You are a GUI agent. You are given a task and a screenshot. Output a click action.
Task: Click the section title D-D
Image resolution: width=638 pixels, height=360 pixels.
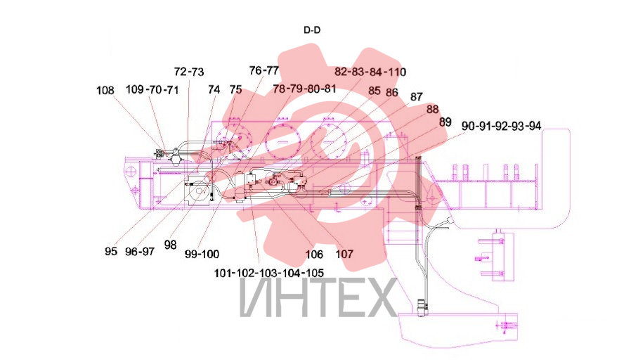coord(312,30)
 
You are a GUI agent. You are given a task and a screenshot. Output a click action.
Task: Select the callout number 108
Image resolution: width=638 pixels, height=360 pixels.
coord(105,91)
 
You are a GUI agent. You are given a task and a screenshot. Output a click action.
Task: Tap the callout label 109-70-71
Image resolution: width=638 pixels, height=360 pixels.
coord(152,89)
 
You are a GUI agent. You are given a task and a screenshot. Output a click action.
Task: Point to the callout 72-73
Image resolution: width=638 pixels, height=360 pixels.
coord(189,72)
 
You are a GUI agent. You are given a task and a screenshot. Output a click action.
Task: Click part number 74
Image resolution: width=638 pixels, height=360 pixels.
coord(214,89)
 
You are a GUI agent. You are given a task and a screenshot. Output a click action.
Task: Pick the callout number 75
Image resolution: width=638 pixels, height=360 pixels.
coord(235,89)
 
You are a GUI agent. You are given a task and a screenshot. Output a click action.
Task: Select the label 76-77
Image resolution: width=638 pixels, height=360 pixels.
coord(264,71)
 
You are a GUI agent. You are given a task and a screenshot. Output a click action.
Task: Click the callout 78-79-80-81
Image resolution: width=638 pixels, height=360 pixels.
coord(304,89)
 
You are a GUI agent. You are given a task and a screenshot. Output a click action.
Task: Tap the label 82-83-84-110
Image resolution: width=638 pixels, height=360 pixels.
coord(370,72)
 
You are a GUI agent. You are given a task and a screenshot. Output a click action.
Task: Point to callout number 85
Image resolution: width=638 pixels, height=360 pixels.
coord(375,91)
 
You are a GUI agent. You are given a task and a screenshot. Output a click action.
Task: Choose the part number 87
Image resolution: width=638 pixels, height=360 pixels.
coord(416,97)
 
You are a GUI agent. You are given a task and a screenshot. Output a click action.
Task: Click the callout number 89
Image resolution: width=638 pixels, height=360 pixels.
coord(445,122)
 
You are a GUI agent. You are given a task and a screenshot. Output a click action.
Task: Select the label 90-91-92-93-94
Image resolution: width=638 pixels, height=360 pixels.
coord(501,127)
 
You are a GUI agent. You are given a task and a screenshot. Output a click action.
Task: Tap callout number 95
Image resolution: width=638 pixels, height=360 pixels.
coord(111,251)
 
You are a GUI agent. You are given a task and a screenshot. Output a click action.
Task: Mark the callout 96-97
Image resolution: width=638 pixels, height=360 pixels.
coord(140,252)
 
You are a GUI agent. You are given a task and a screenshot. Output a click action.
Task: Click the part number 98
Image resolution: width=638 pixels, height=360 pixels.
coord(171,245)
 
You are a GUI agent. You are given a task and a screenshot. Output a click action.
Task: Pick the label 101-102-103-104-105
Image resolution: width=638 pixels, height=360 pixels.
coord(269,273)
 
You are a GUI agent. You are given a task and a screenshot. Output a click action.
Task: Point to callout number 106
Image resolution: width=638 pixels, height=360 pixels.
coord(314,255)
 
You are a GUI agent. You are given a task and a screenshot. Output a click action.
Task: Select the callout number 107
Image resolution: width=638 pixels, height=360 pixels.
coord(344,254)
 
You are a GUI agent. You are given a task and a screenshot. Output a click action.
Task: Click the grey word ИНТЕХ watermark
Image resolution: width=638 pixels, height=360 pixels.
coord(318,298)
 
